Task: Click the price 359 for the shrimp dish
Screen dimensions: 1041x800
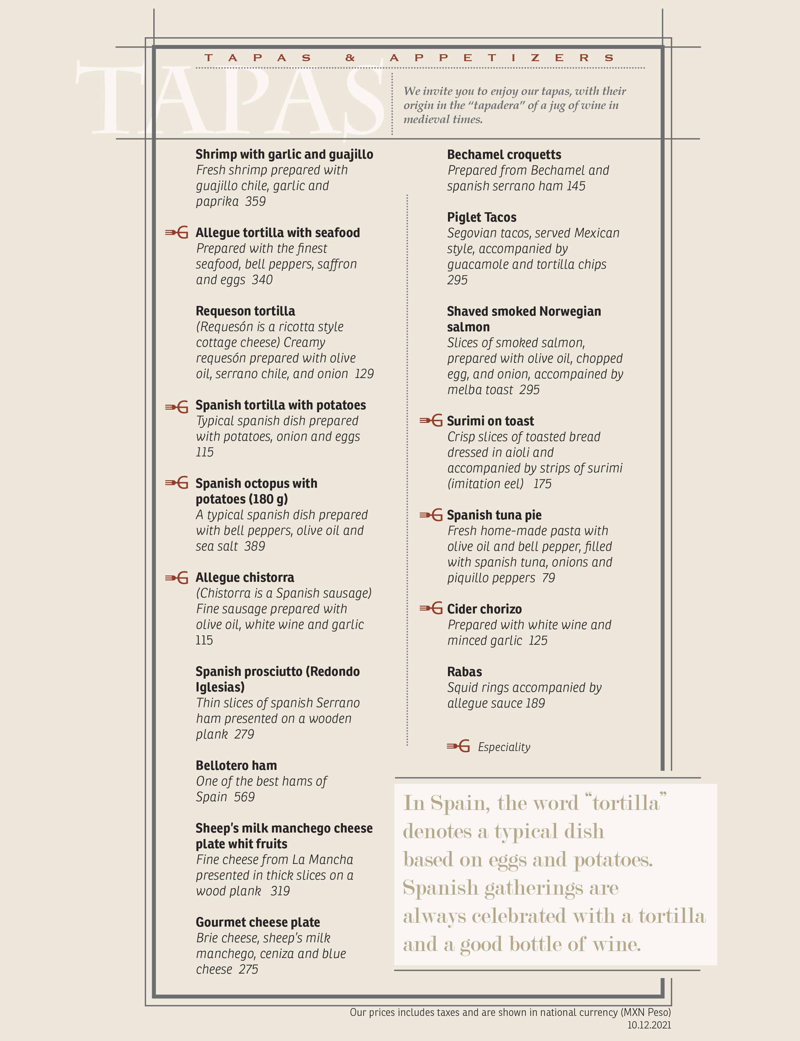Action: click(x=255, y=202)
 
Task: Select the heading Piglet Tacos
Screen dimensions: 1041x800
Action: click(x=482, y=217)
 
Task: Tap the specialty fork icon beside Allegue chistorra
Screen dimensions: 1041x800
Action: click(x=176, y=578)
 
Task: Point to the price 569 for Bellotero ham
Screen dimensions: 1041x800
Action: click(x=244, y=797)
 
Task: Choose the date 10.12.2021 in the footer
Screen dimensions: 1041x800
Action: click(x=649, y=1025)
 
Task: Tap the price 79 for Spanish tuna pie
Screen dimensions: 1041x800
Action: click(x=549, y=578)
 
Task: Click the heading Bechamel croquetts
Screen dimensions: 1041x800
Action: click(x=504, y=155)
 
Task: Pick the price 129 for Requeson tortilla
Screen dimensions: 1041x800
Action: click(x=364, y=374)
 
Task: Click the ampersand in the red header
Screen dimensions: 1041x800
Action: click(x=350, y=58)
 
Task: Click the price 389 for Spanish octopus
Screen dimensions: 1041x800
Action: click(x=255, y=546)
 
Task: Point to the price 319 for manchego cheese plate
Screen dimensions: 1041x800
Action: click(x=280, y=891)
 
